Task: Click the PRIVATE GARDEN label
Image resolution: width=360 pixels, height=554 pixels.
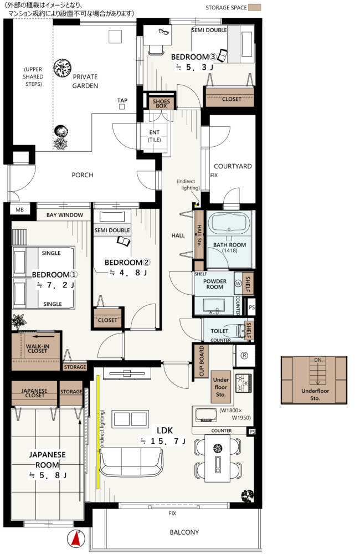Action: (85, 81)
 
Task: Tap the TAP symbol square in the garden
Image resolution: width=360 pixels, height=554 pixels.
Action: (122, 107)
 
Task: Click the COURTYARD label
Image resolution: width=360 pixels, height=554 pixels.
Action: (233, 166)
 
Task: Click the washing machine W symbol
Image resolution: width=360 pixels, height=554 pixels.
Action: (238, 283)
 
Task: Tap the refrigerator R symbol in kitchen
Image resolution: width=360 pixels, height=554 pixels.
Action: (244, 356)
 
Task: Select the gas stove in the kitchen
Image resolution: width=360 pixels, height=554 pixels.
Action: (244, 383)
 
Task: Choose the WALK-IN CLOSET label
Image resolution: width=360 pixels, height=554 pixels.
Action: (37, 348)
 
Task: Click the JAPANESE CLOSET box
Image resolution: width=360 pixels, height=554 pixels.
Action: (34, 393)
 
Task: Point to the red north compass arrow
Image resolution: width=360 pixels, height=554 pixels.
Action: (76, 539)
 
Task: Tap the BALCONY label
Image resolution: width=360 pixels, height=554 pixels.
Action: (184, 532)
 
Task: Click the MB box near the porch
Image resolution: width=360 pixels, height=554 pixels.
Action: (20, 210)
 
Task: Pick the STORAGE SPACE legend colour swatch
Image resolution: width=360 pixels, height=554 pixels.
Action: (254, 7)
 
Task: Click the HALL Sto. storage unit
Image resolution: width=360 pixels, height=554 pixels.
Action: (199, 234)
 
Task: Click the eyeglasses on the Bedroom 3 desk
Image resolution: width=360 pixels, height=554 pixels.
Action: (163, 32)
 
